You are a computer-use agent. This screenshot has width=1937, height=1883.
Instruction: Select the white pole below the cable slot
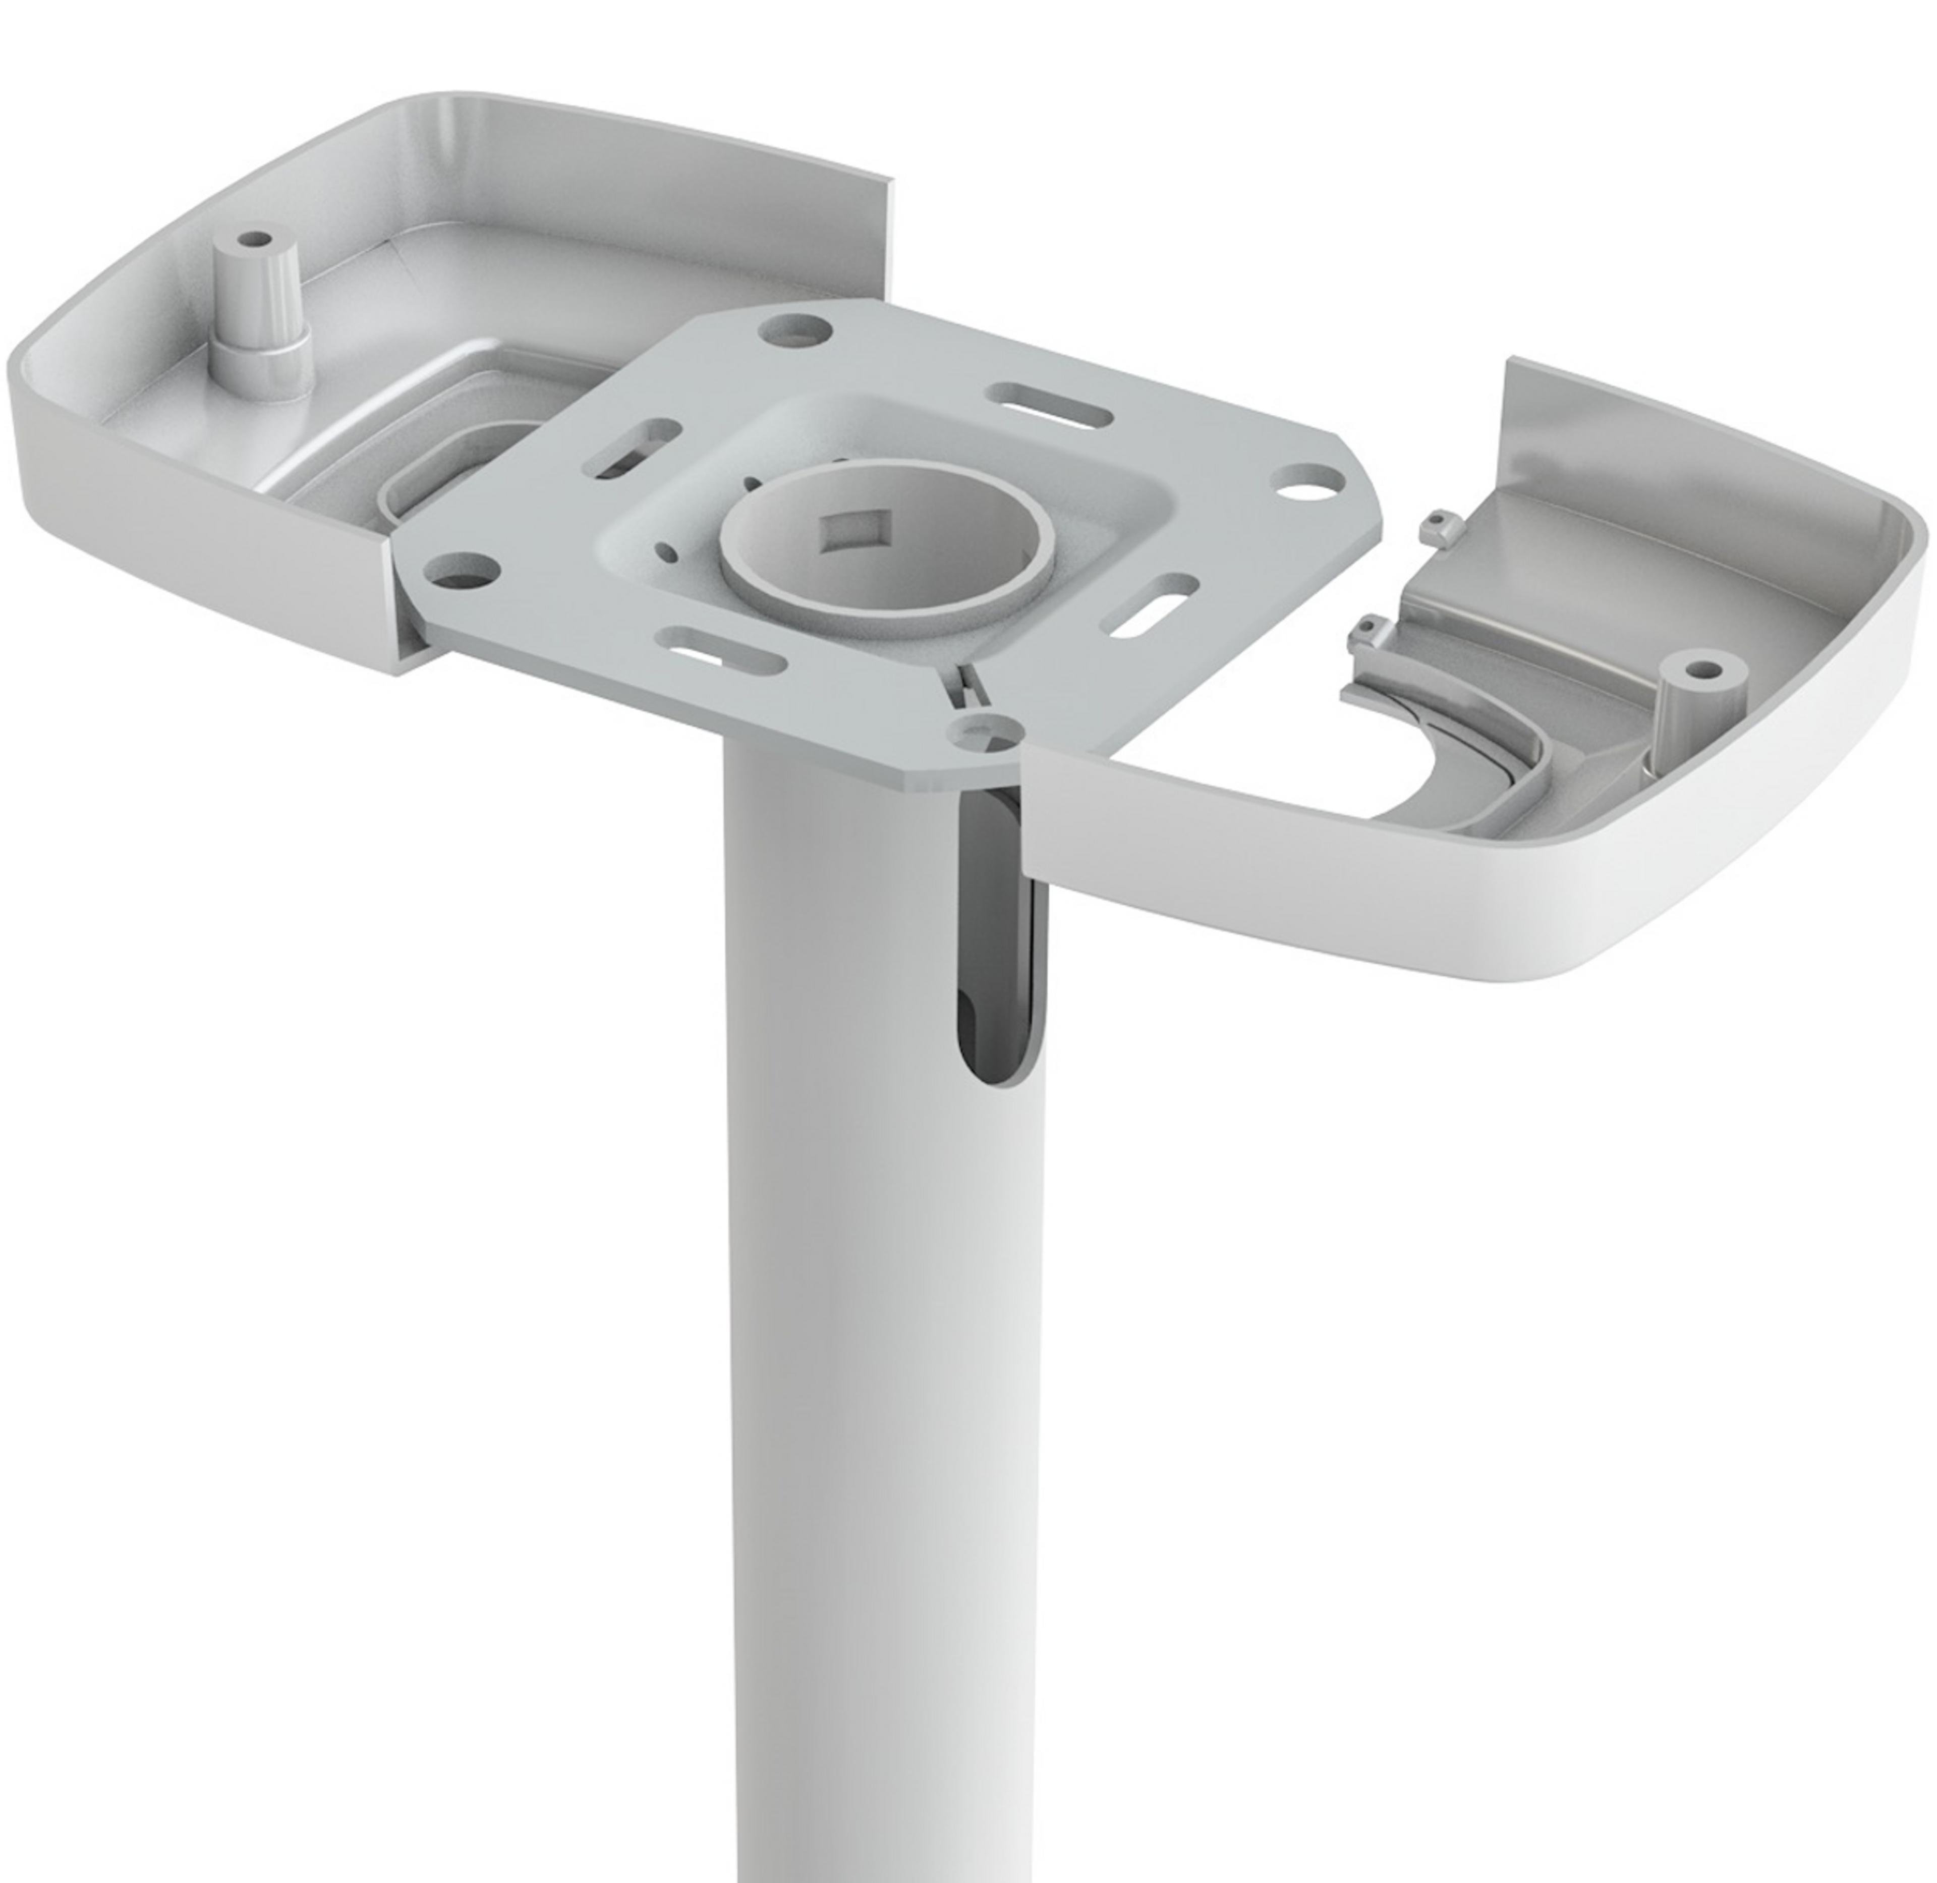(880, 1434)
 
